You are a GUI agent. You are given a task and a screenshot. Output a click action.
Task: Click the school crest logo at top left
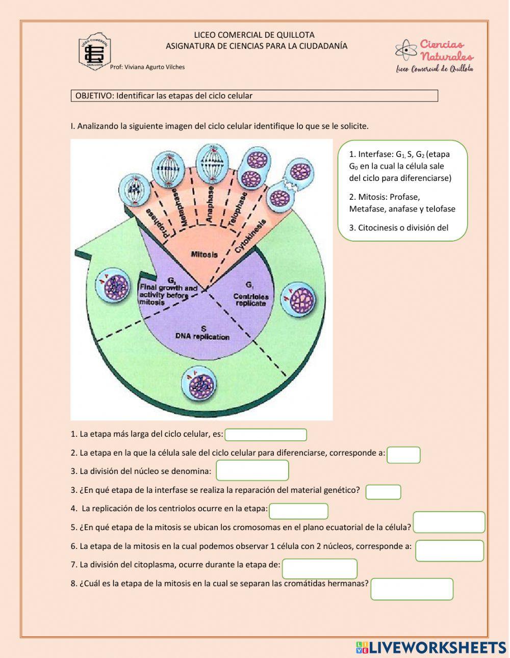click(x=95, y=52)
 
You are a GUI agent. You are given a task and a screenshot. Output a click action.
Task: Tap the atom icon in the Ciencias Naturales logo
click(x=406, y=50)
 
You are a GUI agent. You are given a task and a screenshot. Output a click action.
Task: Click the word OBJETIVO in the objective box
click(x=94, y=96)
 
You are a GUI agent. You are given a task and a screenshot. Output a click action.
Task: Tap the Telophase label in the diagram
click(x=238, y=209)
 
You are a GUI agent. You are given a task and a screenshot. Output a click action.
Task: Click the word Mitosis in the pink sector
click(x=204, y=254)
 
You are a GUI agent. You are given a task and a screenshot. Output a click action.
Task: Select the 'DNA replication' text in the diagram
click(x=202, y=336)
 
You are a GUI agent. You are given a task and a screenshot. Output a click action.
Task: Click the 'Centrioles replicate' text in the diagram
click(x=250, y=300)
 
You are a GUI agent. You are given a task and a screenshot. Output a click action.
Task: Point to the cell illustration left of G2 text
click(x=115, y=288)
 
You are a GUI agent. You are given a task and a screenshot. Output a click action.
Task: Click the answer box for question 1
click(x=266, y=435)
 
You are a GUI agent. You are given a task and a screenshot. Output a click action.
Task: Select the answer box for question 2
click(x=403, y=455)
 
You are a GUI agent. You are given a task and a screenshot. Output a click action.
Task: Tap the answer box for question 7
click(x=320, y=569)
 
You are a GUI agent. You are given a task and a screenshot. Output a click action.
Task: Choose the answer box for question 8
click(x=412, y=589)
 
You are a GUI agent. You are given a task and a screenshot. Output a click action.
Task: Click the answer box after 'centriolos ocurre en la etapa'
click(x=298, y=511)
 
